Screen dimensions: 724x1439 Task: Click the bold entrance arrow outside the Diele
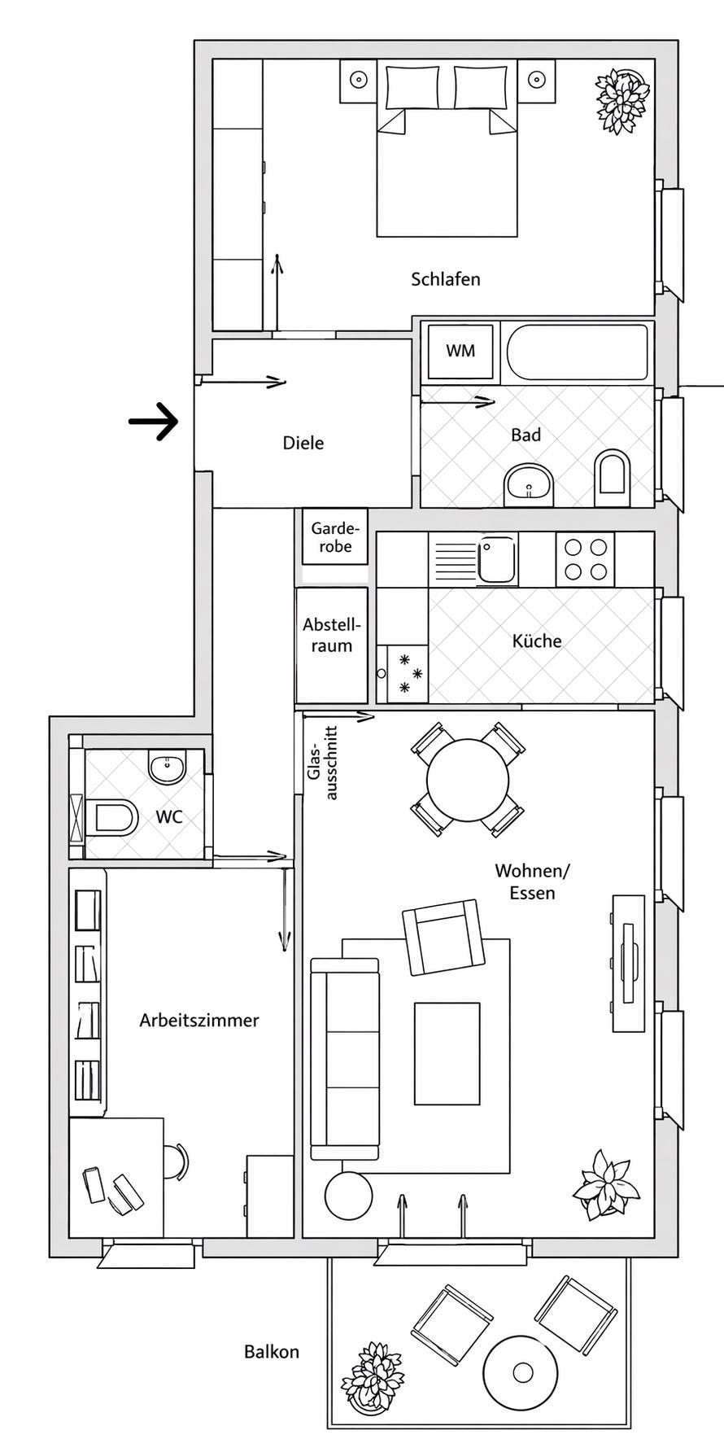pos(155,422)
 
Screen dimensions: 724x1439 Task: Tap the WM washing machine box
pos(460,351)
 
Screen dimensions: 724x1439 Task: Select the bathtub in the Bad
pos(577,352)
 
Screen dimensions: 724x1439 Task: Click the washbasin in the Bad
pos(529,485)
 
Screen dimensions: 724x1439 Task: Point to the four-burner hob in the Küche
pos(586,559)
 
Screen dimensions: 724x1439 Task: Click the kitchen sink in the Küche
pos(496,558)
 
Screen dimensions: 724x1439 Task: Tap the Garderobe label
pos(335,537)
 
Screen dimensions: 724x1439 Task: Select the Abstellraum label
pos(331,636)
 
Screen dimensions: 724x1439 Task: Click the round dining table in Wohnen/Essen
pos(468,780)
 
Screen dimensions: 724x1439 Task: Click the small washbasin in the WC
pos(168,767)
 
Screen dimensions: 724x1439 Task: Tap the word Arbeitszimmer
pos(199,1020)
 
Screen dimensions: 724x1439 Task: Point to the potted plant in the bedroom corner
pos(623,101)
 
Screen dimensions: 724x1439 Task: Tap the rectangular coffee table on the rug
pos(447,1053)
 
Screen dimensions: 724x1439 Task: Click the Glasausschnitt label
pos(322,763)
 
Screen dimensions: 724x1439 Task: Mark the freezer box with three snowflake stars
pos(408,673)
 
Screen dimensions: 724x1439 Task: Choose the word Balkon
pos(272,1352)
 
